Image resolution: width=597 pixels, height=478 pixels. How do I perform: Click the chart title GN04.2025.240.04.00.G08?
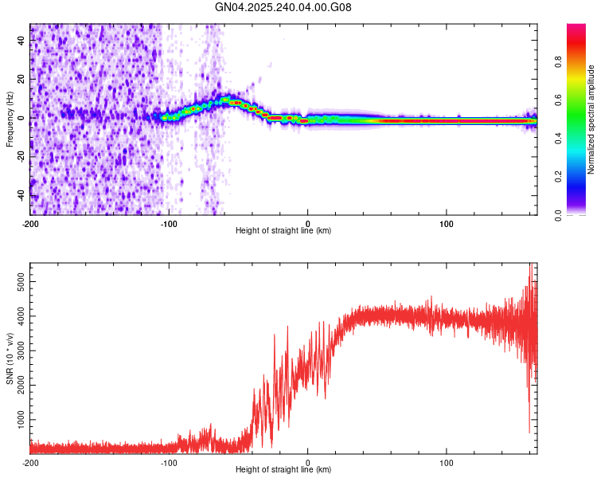point(283,7)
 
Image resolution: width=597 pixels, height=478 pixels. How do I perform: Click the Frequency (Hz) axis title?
point(10,119)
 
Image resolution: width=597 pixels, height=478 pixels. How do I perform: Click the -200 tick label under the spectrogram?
point(30,222)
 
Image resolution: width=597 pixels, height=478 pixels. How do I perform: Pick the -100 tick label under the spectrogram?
point(169,222)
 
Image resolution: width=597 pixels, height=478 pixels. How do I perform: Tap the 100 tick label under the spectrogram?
point(447,222)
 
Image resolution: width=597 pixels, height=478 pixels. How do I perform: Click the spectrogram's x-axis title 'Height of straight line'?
point(283,231)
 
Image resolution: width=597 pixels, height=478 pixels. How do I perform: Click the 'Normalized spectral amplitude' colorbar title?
point(591,119)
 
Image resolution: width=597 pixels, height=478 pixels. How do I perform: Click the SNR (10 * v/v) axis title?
point(10,358)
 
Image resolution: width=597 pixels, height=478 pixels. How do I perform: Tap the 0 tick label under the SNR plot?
point(308,463)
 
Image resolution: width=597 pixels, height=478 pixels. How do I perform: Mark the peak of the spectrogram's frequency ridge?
point(226,99)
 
